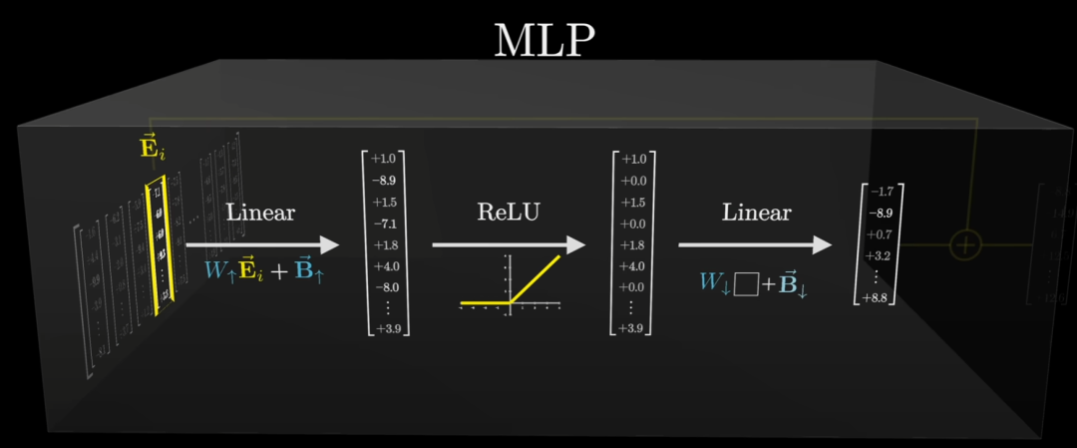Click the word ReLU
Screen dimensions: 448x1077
[509, 213]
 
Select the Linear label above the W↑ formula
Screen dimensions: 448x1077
[260, 213]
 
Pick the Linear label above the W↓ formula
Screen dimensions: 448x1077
[756, 213]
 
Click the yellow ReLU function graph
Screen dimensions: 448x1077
[509, 283]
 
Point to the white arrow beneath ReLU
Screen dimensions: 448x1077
[509, 244]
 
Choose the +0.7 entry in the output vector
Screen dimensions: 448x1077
[880, 234]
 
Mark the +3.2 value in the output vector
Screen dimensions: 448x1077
[880, 255]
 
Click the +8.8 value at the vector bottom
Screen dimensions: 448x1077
[880, 297]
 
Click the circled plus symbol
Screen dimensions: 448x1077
[964, 243]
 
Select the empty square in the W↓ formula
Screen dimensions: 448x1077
[745, 283]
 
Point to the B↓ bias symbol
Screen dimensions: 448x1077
[794, 282]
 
